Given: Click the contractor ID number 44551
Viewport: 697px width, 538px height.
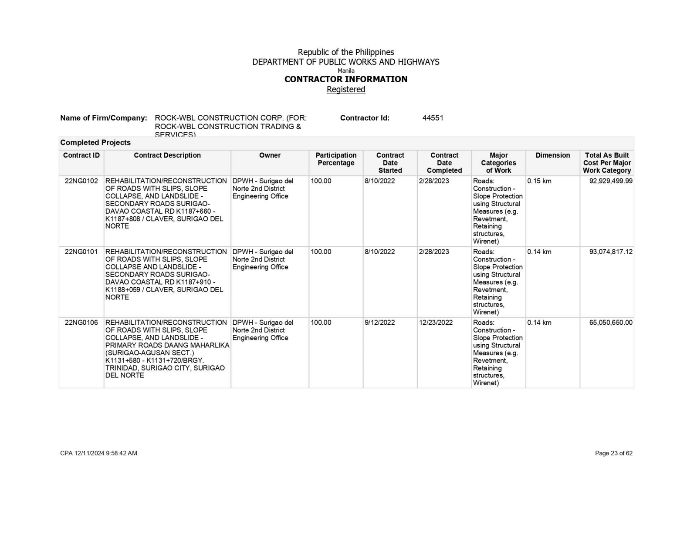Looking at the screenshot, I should [433, 118].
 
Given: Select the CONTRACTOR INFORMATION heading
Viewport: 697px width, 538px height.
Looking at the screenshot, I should [346, 79].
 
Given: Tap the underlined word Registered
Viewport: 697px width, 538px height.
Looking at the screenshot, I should [346, 89].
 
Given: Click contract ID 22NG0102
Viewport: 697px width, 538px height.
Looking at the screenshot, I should [81, 181].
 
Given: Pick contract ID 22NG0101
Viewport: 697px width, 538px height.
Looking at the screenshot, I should [81, 252].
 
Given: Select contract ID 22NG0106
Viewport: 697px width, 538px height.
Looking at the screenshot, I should [81, 323].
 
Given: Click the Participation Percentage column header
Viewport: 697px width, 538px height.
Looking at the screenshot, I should [336, 159].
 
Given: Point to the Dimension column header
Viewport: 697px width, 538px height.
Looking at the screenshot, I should [552, 155].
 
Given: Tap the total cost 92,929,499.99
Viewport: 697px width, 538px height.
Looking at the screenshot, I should [611, 181].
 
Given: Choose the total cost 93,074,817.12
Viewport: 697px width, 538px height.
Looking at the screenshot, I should [611, 252].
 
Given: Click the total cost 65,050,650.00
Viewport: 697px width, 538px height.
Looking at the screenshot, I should [611, 323].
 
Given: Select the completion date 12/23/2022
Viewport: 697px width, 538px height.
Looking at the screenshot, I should [436, 323].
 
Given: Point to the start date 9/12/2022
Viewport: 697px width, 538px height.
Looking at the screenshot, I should [380, 323].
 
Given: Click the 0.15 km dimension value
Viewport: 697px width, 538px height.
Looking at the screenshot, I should [539, 181].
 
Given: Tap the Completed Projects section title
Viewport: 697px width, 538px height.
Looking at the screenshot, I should [95, 143].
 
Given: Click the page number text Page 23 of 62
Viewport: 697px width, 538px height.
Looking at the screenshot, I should [614, 454].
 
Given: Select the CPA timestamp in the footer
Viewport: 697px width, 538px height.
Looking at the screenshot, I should [98, 454].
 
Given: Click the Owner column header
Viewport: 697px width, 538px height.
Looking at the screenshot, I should [270, 155].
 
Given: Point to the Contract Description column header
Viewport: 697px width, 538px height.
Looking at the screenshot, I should [167, 155].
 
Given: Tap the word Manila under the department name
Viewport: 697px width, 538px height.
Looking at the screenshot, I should [346, 71].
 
